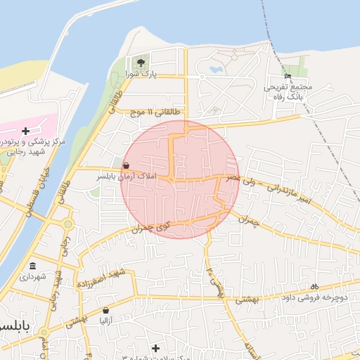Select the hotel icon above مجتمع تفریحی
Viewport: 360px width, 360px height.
pyautogui.click(x=287, y=76)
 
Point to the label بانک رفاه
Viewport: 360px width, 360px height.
pyautogui.click(x=287, y=96)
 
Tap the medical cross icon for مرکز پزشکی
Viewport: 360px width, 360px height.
pyautogui.click(x=26, y=131)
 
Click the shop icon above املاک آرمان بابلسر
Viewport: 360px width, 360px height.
pyautogui.click(x=126, y=166)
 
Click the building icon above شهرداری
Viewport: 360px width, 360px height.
pyautogui.click(x=33, y=266)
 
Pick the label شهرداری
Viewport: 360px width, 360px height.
pyautogui.click(x=33, y=276)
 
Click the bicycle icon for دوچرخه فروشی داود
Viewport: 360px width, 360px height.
pyautogui.click(x=314, y=286)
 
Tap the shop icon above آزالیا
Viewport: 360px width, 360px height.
pyautogui.click(x=105, y=310)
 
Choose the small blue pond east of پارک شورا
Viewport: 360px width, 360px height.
pyautogui.click(x=213, y=70)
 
